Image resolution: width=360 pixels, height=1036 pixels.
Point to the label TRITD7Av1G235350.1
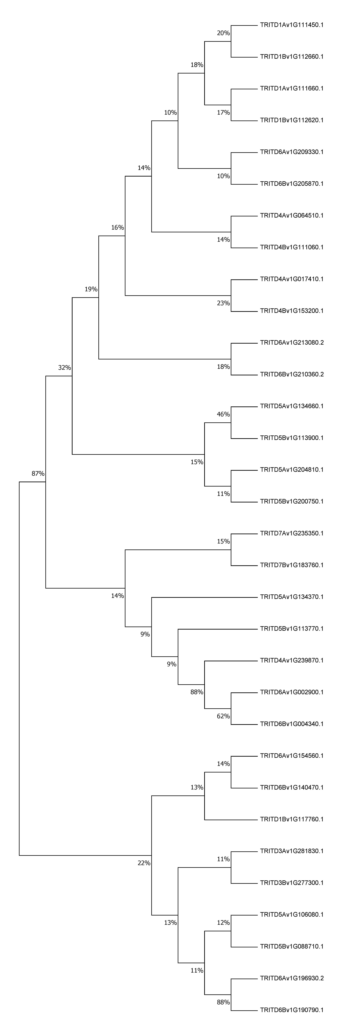[x=292, y=533]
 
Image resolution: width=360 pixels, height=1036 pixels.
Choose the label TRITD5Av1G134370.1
[x=292, y=597]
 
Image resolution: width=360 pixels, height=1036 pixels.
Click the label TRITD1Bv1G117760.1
[x=292, y=819]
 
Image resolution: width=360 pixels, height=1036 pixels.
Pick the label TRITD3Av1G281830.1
[x=292, y=851]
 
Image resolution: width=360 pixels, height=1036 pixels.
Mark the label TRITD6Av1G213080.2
[x=292, y=343]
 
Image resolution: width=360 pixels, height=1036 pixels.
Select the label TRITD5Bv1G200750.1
[x=292, y=502]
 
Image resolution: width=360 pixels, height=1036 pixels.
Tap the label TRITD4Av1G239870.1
[x=292, y=660]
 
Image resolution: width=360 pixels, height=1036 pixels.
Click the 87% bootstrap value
[x=38, y=474]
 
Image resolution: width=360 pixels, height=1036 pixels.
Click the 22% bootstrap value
[x=144, y=863]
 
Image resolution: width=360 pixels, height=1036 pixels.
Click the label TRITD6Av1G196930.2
[x=292, y=978]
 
